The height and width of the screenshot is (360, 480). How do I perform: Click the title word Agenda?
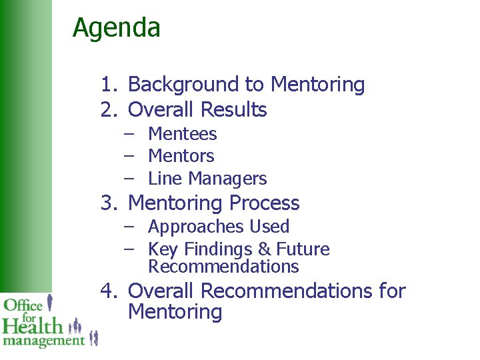pyautogui.click(x=116, y=29)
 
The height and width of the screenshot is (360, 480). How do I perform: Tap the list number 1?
pyautogui.click(x=107, y=85)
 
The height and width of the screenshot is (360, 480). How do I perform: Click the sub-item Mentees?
pyautogui.click(x=182, y=134)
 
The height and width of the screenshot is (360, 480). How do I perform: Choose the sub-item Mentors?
pyautogui.click(x=181, y=156)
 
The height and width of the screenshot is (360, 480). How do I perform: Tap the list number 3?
pyautogui.click(x=107, y=203)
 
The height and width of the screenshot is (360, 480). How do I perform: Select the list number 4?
pyautogui.click(x=107, y=291)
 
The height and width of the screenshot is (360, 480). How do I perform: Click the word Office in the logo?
pyautogui.click(x=23, y=305)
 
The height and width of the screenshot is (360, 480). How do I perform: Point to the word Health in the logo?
pyautogui.click(x=31, y=327)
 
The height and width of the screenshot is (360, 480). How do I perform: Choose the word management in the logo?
pyautogui.click(x=43, y=341)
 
